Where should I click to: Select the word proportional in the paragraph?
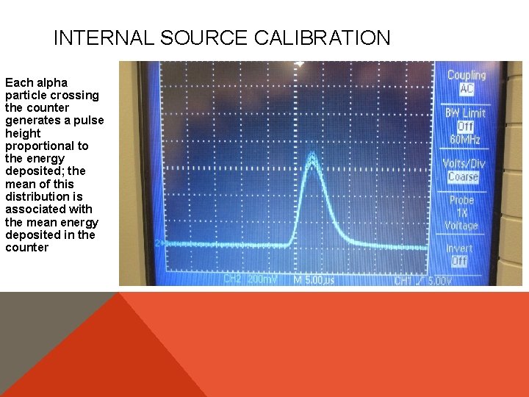point(46,146)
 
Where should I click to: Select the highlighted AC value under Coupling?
point(467,89)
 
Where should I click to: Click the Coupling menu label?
point(467,75)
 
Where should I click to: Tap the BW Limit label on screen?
point(465,113)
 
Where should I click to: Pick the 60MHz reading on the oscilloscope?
point(464,140)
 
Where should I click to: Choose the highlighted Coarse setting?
point(463,176)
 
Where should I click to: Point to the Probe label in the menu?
point(462,200)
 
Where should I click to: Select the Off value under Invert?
point(459,261)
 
